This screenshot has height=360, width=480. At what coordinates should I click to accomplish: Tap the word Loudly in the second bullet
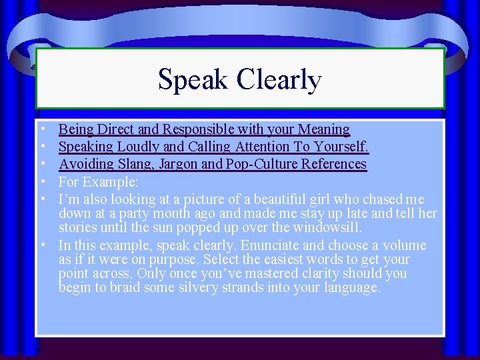tap(136, 147)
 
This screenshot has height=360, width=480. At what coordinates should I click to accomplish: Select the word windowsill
tap(328, 228)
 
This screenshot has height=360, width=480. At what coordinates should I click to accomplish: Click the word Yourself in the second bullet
tap(341, 147)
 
